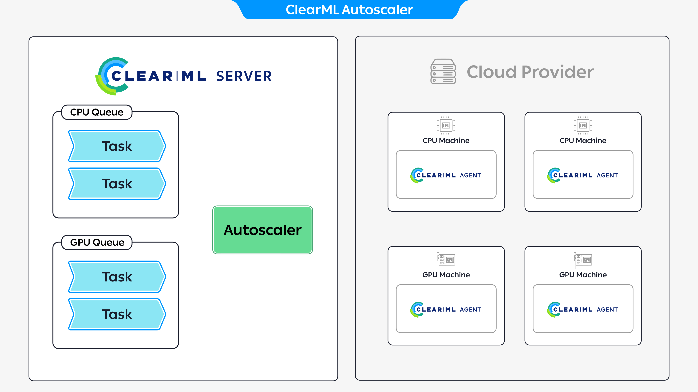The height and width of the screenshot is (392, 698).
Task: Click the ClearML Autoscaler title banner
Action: coord(349,10)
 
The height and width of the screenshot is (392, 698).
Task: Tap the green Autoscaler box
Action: coord(262,230)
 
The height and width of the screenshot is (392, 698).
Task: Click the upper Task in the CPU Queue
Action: coord(117,146)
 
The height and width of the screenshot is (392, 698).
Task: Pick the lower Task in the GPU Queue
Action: coord(117,314)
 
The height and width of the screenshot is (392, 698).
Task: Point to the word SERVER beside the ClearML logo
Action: coord(244,76)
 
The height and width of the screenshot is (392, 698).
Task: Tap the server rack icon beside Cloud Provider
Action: coord(443,72)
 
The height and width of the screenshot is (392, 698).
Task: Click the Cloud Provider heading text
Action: coord(530,72)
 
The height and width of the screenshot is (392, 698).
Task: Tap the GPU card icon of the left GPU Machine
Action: coord(446,260)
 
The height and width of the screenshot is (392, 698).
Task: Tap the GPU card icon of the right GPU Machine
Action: coord(583,260)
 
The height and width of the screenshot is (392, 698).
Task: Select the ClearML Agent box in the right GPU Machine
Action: coord(583,309)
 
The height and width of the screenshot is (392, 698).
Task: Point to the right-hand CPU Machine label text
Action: coord(583,141)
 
